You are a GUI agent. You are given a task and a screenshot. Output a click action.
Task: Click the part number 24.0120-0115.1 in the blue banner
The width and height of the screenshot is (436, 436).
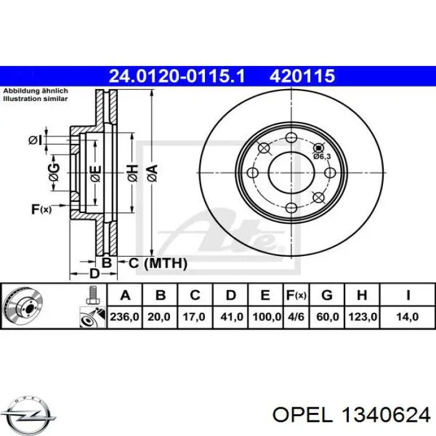pos(177,76)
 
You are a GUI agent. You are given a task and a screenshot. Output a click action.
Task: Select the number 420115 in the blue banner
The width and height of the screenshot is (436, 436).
pos(302,76)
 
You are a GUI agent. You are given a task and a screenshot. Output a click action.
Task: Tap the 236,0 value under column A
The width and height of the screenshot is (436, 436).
pos(125,316)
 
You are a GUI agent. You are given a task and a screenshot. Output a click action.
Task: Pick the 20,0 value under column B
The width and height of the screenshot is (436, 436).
pos(159,316)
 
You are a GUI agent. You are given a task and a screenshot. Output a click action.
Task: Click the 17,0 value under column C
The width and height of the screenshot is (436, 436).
pos(194,316)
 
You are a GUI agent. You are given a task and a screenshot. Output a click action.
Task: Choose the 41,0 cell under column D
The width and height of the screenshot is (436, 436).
pos(232,316)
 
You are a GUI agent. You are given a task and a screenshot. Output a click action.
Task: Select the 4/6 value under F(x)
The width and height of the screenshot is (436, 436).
pos(296,316)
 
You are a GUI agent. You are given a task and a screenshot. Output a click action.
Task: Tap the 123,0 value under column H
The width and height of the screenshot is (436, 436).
pos(363,316)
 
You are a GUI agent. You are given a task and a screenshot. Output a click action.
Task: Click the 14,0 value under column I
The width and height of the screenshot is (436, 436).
pos(407,316)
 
